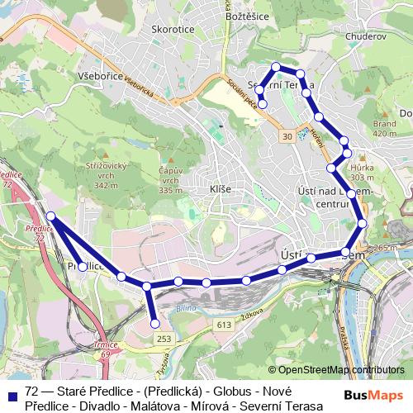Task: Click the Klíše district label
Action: pos(221,189)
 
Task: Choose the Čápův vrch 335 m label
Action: pos(170,180)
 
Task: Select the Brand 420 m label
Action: pos(385,127)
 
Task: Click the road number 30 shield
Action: pos(287,135)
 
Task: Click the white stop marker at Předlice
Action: pos(83,267)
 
